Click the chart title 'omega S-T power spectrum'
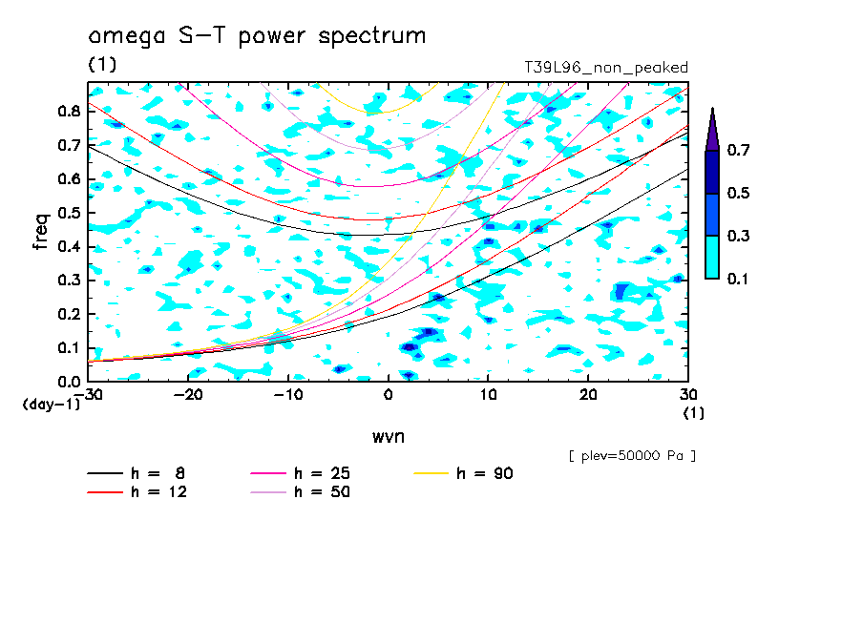pos(257,36)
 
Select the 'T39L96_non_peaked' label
pos(606,68)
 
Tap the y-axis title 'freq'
pos(41,232)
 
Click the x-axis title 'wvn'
pos(389,437)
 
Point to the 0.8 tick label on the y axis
pos(69,111)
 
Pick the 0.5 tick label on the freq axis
pos(69,213)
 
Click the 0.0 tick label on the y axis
pos(69,382)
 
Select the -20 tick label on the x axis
pos(188,395)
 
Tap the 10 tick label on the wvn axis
pos(488,395)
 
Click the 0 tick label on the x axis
pos(389,395)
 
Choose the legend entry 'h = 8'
pos(136,473)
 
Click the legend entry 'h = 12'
pos(137,491)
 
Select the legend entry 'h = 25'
pos(300,473)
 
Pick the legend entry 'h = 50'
pos(300,491)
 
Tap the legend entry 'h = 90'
pos(463,473)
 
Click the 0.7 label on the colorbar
pos(738,150)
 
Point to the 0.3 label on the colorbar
pos(738,236)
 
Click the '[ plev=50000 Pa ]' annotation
pos(632,456)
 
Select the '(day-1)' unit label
pos(51,405)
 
